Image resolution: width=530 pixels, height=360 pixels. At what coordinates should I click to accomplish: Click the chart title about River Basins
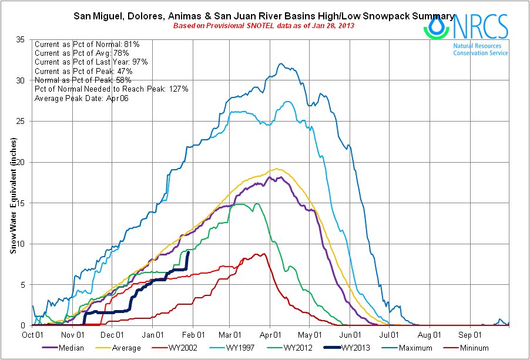click(263, 16)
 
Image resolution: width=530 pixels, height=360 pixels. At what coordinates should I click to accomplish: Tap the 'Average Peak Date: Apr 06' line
click(82, 97)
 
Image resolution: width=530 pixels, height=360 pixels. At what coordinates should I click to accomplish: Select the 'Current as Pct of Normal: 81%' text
click(86, 44)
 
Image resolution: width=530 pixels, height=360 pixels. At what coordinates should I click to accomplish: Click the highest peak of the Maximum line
click(281, 64)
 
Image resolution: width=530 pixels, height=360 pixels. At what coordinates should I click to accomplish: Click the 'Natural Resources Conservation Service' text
click(481, 49)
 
